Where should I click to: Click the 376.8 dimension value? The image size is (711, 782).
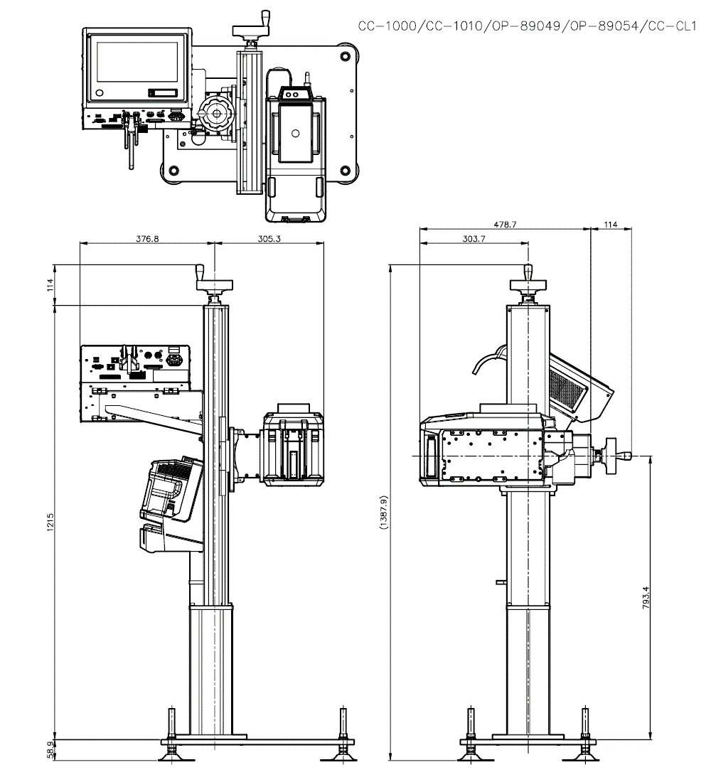click(147, 239)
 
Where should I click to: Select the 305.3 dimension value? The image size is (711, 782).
click(269, 239)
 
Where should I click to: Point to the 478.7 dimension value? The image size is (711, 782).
click(505, 225)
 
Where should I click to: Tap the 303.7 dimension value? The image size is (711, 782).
click(474, 239)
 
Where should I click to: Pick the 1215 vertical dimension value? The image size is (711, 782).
click(50, 523)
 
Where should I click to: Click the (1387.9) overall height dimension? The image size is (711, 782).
click(383, 512)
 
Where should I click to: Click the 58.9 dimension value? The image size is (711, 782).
click(50, 750)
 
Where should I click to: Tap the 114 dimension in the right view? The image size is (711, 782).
click(611, 225)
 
